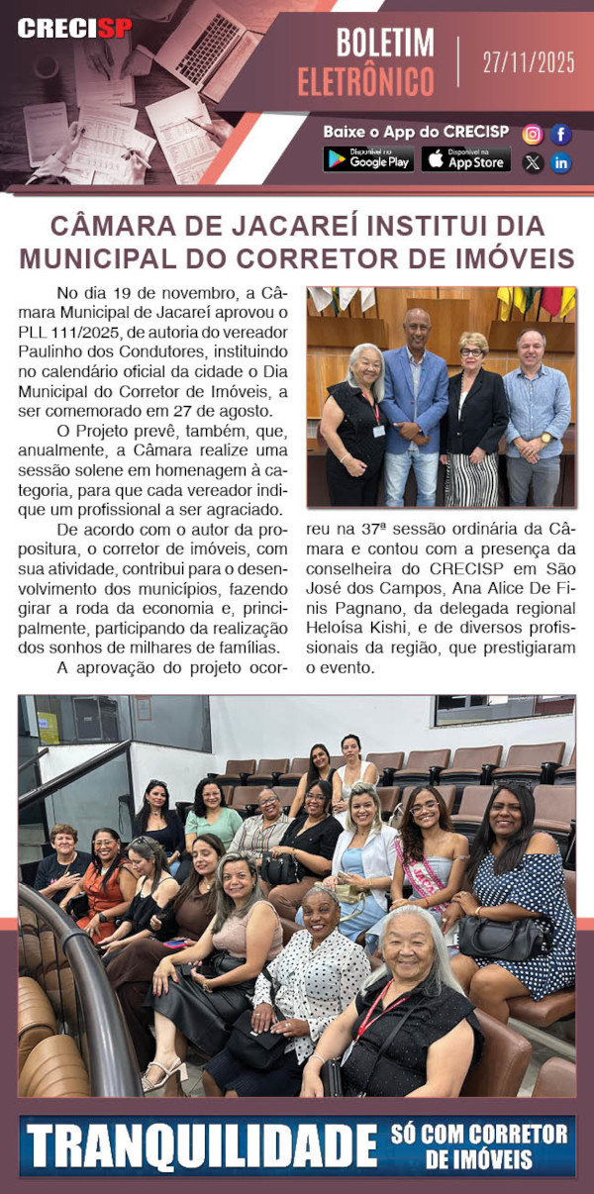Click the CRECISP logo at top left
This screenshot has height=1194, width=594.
(x=74, y=28)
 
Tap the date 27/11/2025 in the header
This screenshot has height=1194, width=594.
(x=529, y=63)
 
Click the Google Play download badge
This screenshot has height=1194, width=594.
(x=368, y=159)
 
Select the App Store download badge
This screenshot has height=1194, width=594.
(x=466, y=159)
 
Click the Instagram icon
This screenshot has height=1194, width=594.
(x=533, y=135)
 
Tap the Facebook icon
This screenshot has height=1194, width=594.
(x=561, y=135)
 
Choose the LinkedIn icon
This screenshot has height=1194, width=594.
(x=561, y=163)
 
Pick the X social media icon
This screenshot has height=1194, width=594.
(x=533, y=163)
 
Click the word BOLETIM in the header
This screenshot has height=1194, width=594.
(x=385, y=44)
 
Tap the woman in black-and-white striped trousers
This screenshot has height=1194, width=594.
(x=472, y=416)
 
